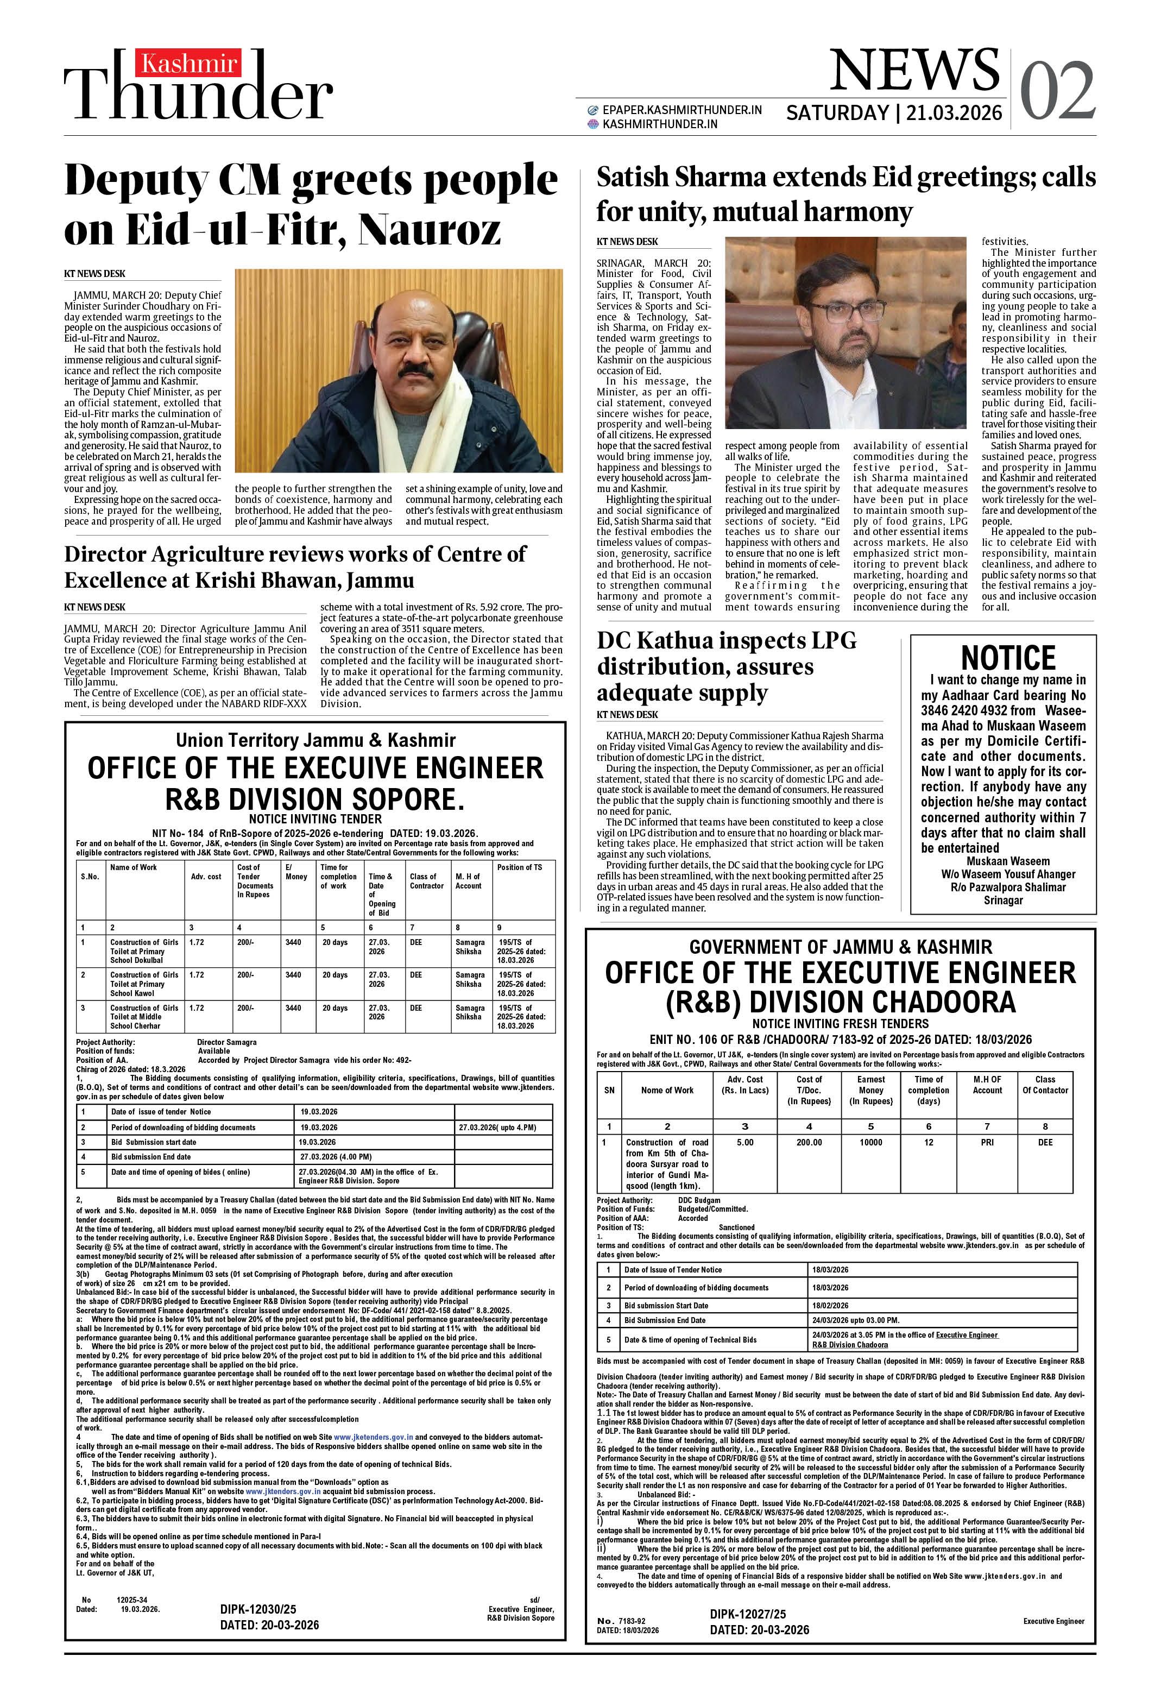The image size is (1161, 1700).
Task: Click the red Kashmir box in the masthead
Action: tap(188, 65)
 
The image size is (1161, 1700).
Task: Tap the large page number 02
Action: tap(1057, 91)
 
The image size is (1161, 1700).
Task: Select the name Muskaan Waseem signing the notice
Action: tap(1007, 861)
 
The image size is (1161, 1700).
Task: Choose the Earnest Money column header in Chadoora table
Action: tap(870, 1090)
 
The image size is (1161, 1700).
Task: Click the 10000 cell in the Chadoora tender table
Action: tap(870, 1142)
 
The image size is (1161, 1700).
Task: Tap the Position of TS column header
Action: tap(520, 867)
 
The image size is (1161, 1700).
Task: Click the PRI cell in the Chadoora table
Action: tap(987, 1142)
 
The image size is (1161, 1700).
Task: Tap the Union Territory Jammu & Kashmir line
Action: tap(316, 740)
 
